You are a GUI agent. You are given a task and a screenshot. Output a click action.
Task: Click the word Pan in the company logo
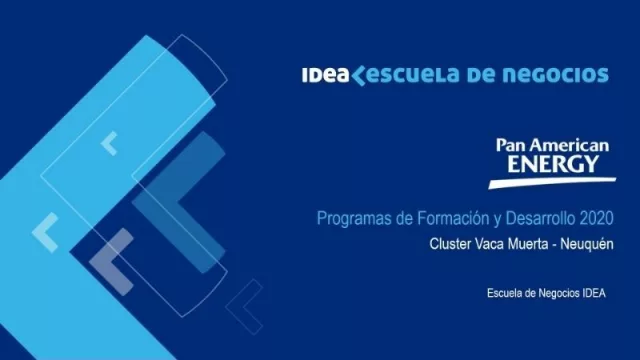[509, 145]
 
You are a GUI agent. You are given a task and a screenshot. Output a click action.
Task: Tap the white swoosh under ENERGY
[550, 181]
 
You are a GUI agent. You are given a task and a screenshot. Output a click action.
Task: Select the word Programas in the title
[349, 218]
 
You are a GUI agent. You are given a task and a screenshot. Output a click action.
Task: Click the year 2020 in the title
[594, 218]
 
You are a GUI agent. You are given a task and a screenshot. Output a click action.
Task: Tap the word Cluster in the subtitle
[450, 243]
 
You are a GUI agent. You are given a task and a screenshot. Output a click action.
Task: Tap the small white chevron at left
[45, 232]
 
